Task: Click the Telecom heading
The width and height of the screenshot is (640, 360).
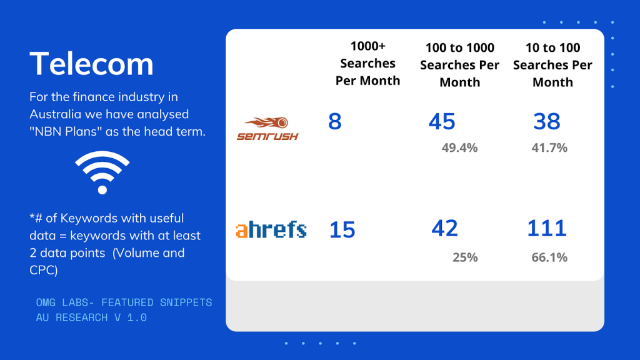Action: pos(91,64)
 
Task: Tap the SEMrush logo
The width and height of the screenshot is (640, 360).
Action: pos(267,129)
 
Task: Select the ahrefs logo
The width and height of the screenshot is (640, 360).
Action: pos(271,229)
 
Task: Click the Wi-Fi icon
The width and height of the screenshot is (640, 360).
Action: pos(102,172)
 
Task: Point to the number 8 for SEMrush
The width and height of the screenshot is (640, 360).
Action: pos(335,121)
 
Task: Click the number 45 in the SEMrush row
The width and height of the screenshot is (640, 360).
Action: pos(442,121)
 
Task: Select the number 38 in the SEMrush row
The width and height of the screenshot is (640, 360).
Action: pos(546,121)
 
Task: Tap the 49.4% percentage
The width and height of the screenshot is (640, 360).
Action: pos(459,147)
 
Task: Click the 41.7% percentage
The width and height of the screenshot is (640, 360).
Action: pos(549,147)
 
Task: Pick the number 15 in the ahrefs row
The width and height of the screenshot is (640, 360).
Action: pos(342,230)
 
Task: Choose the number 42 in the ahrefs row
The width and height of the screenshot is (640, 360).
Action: pos(444,228)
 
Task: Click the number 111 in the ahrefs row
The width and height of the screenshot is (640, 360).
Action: pos(547,228)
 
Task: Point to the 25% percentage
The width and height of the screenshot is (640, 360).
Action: pos(465,257)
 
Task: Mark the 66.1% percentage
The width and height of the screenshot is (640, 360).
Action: pos(549,257)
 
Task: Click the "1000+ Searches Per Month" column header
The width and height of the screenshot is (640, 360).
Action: pos(367,63)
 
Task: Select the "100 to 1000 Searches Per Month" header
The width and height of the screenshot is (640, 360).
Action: pos(459,65)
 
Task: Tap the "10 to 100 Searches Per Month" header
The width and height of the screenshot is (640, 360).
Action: pos(552,65)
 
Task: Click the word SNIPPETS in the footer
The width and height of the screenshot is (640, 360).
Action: pos(186,302)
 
